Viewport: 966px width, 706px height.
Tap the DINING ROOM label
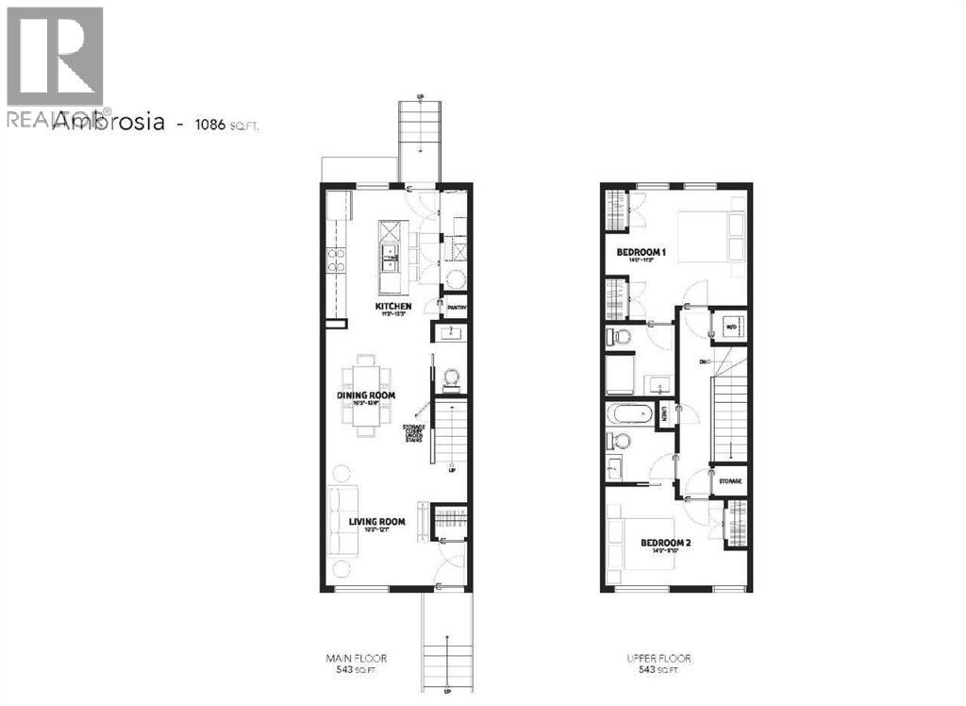tap(367, 395)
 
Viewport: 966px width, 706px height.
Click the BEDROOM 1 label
tap(642, 252)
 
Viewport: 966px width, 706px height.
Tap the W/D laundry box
tap(730, 327)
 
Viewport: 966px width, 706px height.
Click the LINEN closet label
tap(666, 412)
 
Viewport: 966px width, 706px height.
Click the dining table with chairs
tap(367, 395)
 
